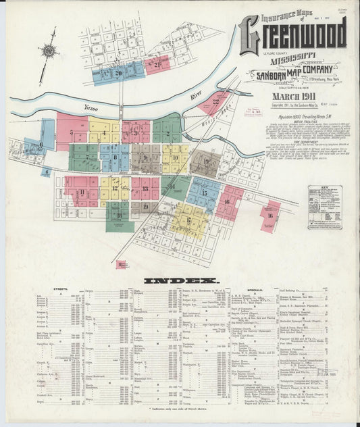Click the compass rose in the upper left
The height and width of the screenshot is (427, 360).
[x=48, y=51]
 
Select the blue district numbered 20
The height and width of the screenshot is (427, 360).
[x=118, y=73]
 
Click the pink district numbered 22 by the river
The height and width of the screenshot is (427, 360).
[x=216, y=102]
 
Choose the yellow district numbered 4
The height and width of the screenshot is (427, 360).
[x=103, y=132]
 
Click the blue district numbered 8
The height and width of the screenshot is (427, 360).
[x=115, y=157]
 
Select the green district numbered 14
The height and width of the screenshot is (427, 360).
[x=173, y=186]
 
